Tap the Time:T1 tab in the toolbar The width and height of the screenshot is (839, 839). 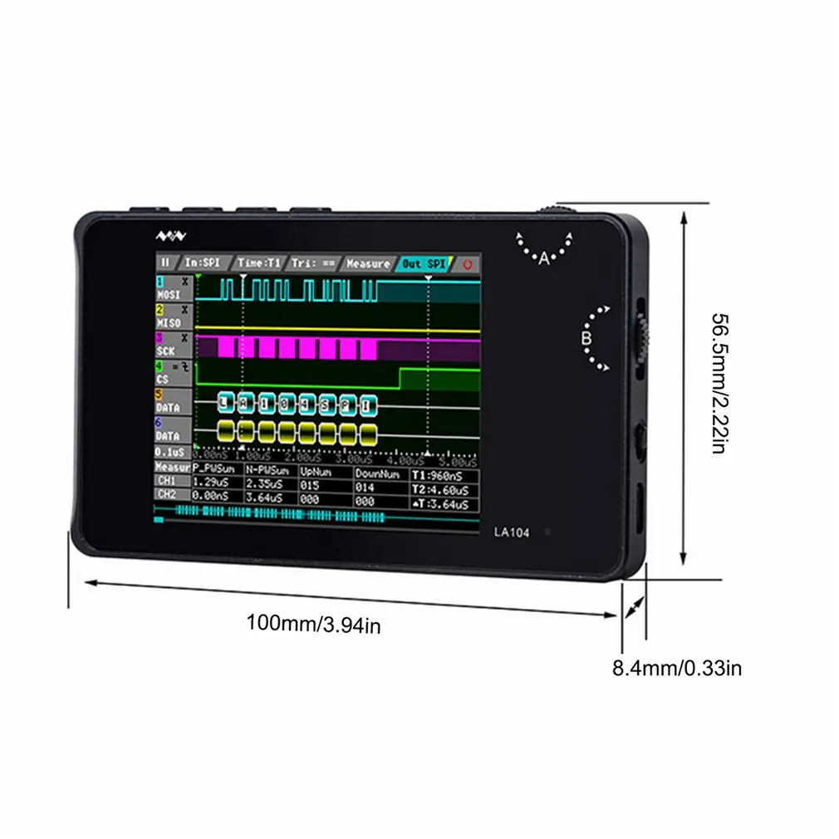pos(258,262)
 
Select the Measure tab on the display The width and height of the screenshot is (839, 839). pos(368,263)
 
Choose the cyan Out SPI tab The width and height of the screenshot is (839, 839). pos(424,263)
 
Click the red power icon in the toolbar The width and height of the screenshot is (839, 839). pos(468,264)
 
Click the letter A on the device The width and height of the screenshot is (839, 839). pos(544,258)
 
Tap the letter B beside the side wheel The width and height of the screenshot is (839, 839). pos(585,339)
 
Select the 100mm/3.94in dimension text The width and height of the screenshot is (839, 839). pos(313,623)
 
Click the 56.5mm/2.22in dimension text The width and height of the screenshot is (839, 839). pos(722,383)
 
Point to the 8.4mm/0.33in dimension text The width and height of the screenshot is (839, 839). pos(677,667)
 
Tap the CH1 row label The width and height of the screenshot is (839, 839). pos(166,480)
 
